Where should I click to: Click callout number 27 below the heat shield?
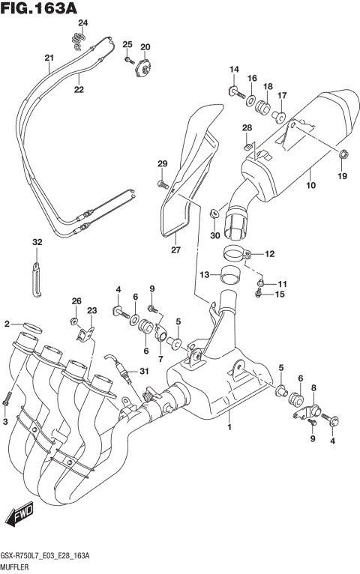pos(175,250)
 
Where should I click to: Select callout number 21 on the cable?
pos(49,58)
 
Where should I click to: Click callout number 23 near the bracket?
pos(91,310)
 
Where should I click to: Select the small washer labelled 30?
pos(215,213)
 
